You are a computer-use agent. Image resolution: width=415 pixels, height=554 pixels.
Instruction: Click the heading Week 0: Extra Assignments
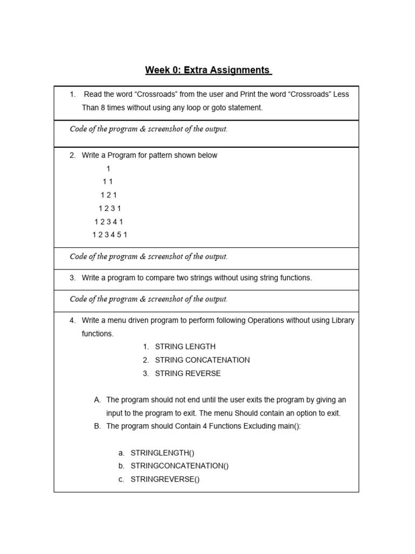coord(209,70)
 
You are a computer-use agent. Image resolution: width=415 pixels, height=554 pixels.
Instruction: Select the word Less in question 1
coord(341,94)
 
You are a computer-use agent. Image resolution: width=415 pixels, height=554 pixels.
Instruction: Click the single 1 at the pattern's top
coord(108,169)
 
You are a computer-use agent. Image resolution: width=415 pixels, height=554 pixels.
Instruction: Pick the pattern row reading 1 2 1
coord(109,195)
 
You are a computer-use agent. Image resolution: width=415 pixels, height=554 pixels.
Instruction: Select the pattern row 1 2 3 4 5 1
coord(110,235)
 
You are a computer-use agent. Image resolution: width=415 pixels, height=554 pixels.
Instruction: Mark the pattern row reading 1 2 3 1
coord(110,208)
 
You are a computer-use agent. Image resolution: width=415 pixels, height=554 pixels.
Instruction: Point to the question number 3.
coord(72,278)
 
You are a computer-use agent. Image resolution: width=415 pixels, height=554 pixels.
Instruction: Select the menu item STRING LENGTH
coord(185,347)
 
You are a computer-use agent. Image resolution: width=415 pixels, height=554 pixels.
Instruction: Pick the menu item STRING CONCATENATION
coord(202,360)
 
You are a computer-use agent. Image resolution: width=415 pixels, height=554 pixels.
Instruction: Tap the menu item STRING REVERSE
coord(188,373)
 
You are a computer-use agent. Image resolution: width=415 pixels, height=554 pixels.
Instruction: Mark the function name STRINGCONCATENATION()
coord(179,466)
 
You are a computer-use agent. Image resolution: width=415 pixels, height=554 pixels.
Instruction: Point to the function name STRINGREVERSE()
coord(165,479)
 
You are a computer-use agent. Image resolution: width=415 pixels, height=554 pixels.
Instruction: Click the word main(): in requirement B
coord(289,426)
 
